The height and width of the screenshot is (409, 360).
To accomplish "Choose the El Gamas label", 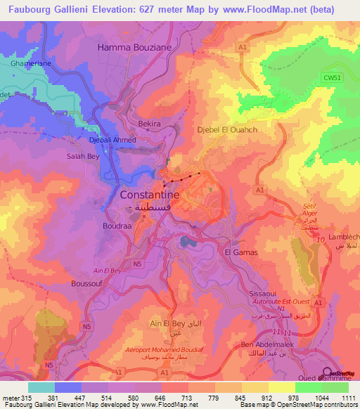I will coord(240,252).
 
